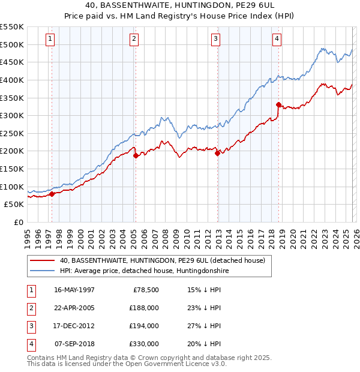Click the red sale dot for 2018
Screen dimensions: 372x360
pos(278,104)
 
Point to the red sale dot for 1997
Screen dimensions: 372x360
pos(52,194)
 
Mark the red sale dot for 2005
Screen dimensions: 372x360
pos(136,155)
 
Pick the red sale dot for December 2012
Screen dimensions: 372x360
pos(217,153)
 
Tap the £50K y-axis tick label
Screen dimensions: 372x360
pos(14,205)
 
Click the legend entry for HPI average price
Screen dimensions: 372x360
pos(144,271)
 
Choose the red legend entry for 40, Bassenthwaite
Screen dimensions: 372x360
pos(162,260)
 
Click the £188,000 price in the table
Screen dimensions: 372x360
pos(144,308)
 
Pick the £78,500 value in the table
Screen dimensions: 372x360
pos(146,290)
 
